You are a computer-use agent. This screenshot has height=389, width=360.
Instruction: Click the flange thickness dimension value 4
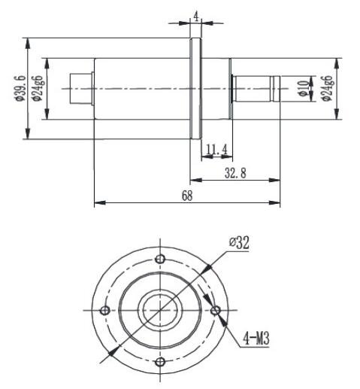tap(195, 15)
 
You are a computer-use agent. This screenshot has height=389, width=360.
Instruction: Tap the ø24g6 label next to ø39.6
tap(38, 89)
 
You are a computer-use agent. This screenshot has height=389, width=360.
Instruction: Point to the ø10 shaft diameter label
tap(304, 89)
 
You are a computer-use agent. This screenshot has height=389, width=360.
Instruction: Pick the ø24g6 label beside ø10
tap(326, 89)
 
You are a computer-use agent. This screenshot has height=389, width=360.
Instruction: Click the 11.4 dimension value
tap(216, 150)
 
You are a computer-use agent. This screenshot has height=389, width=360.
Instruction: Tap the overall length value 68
tap(187, 196)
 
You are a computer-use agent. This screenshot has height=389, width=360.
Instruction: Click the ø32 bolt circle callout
tap(239, 242)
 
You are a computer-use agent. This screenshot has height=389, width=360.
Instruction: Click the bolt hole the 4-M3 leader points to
tap(216, 310)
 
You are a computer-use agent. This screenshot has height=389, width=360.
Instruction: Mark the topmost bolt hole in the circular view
tap(160, 259)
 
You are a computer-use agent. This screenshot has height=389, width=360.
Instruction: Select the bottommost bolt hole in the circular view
tap(160, 363)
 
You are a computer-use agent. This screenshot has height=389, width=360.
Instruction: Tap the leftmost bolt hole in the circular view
tap(105, 311)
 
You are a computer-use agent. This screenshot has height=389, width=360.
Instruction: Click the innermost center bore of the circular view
tap(160, 311)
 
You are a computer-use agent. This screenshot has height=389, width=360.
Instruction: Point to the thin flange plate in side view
tap(195, 89)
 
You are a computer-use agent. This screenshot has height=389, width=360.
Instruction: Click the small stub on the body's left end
tap(80, 89)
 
